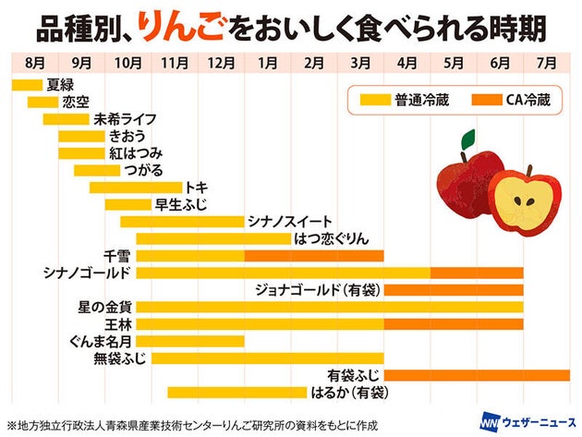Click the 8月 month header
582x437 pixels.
pyautogui.click(x=34, y=64)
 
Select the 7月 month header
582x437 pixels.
pyautogui.click(x=545, y=64)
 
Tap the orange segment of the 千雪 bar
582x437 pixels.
pyautogui.click(x=314, y=255)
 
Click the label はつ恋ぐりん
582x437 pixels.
pyautogui.click(x=330, y=238)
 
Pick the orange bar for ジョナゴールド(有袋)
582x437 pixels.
pyautogui.click(x=453, y=290)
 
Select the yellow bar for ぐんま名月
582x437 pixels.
pyautogui.click(x=190, y=341)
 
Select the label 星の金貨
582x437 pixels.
pyautogui.click(x=105, y=307)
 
